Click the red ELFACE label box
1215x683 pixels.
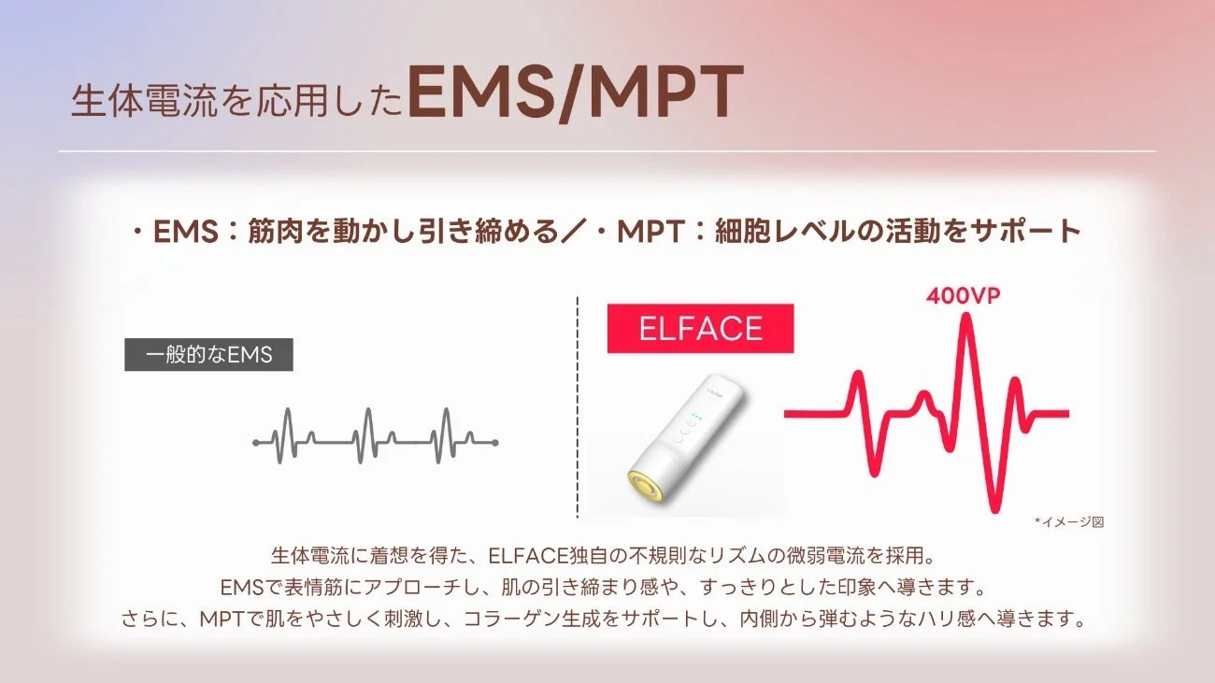click(x=700, y=329)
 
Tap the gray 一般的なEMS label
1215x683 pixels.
click(x=208, y=355)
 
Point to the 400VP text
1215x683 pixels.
click(x=964, y=296)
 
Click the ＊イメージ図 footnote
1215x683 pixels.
click(x=1068, y=522)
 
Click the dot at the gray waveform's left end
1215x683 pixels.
click(x=256, y=442)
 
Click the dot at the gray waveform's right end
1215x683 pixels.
click(x=494, y=442)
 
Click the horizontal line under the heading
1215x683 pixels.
click(x=607, y=151)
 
